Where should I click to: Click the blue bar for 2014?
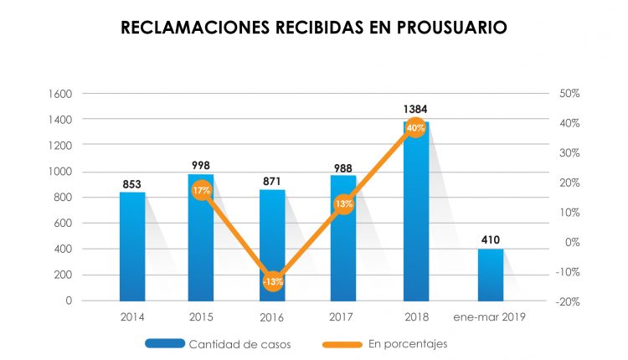132,246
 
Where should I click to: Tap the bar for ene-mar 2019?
491,275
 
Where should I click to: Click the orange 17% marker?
201,191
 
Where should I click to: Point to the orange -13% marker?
273,281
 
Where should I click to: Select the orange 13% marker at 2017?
344,203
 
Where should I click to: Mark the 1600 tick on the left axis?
85,94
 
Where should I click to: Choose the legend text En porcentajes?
408,343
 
